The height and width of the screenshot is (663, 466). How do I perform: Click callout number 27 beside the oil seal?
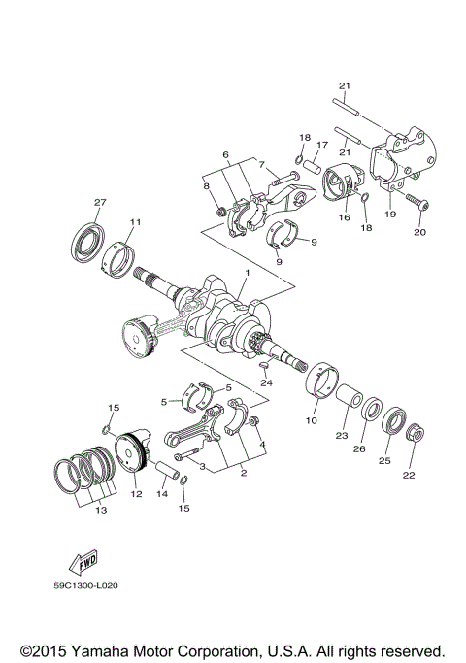tap(99, 202)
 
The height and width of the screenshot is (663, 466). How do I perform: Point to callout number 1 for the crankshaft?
tap(248, 274)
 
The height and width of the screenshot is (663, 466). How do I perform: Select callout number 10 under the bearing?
tap(312, 421)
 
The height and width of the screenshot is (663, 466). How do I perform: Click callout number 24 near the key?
tap(266, 382)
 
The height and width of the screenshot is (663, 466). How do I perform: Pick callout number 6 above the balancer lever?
tap(224, 154)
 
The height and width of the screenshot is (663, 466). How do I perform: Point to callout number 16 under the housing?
tap(344, 219)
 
